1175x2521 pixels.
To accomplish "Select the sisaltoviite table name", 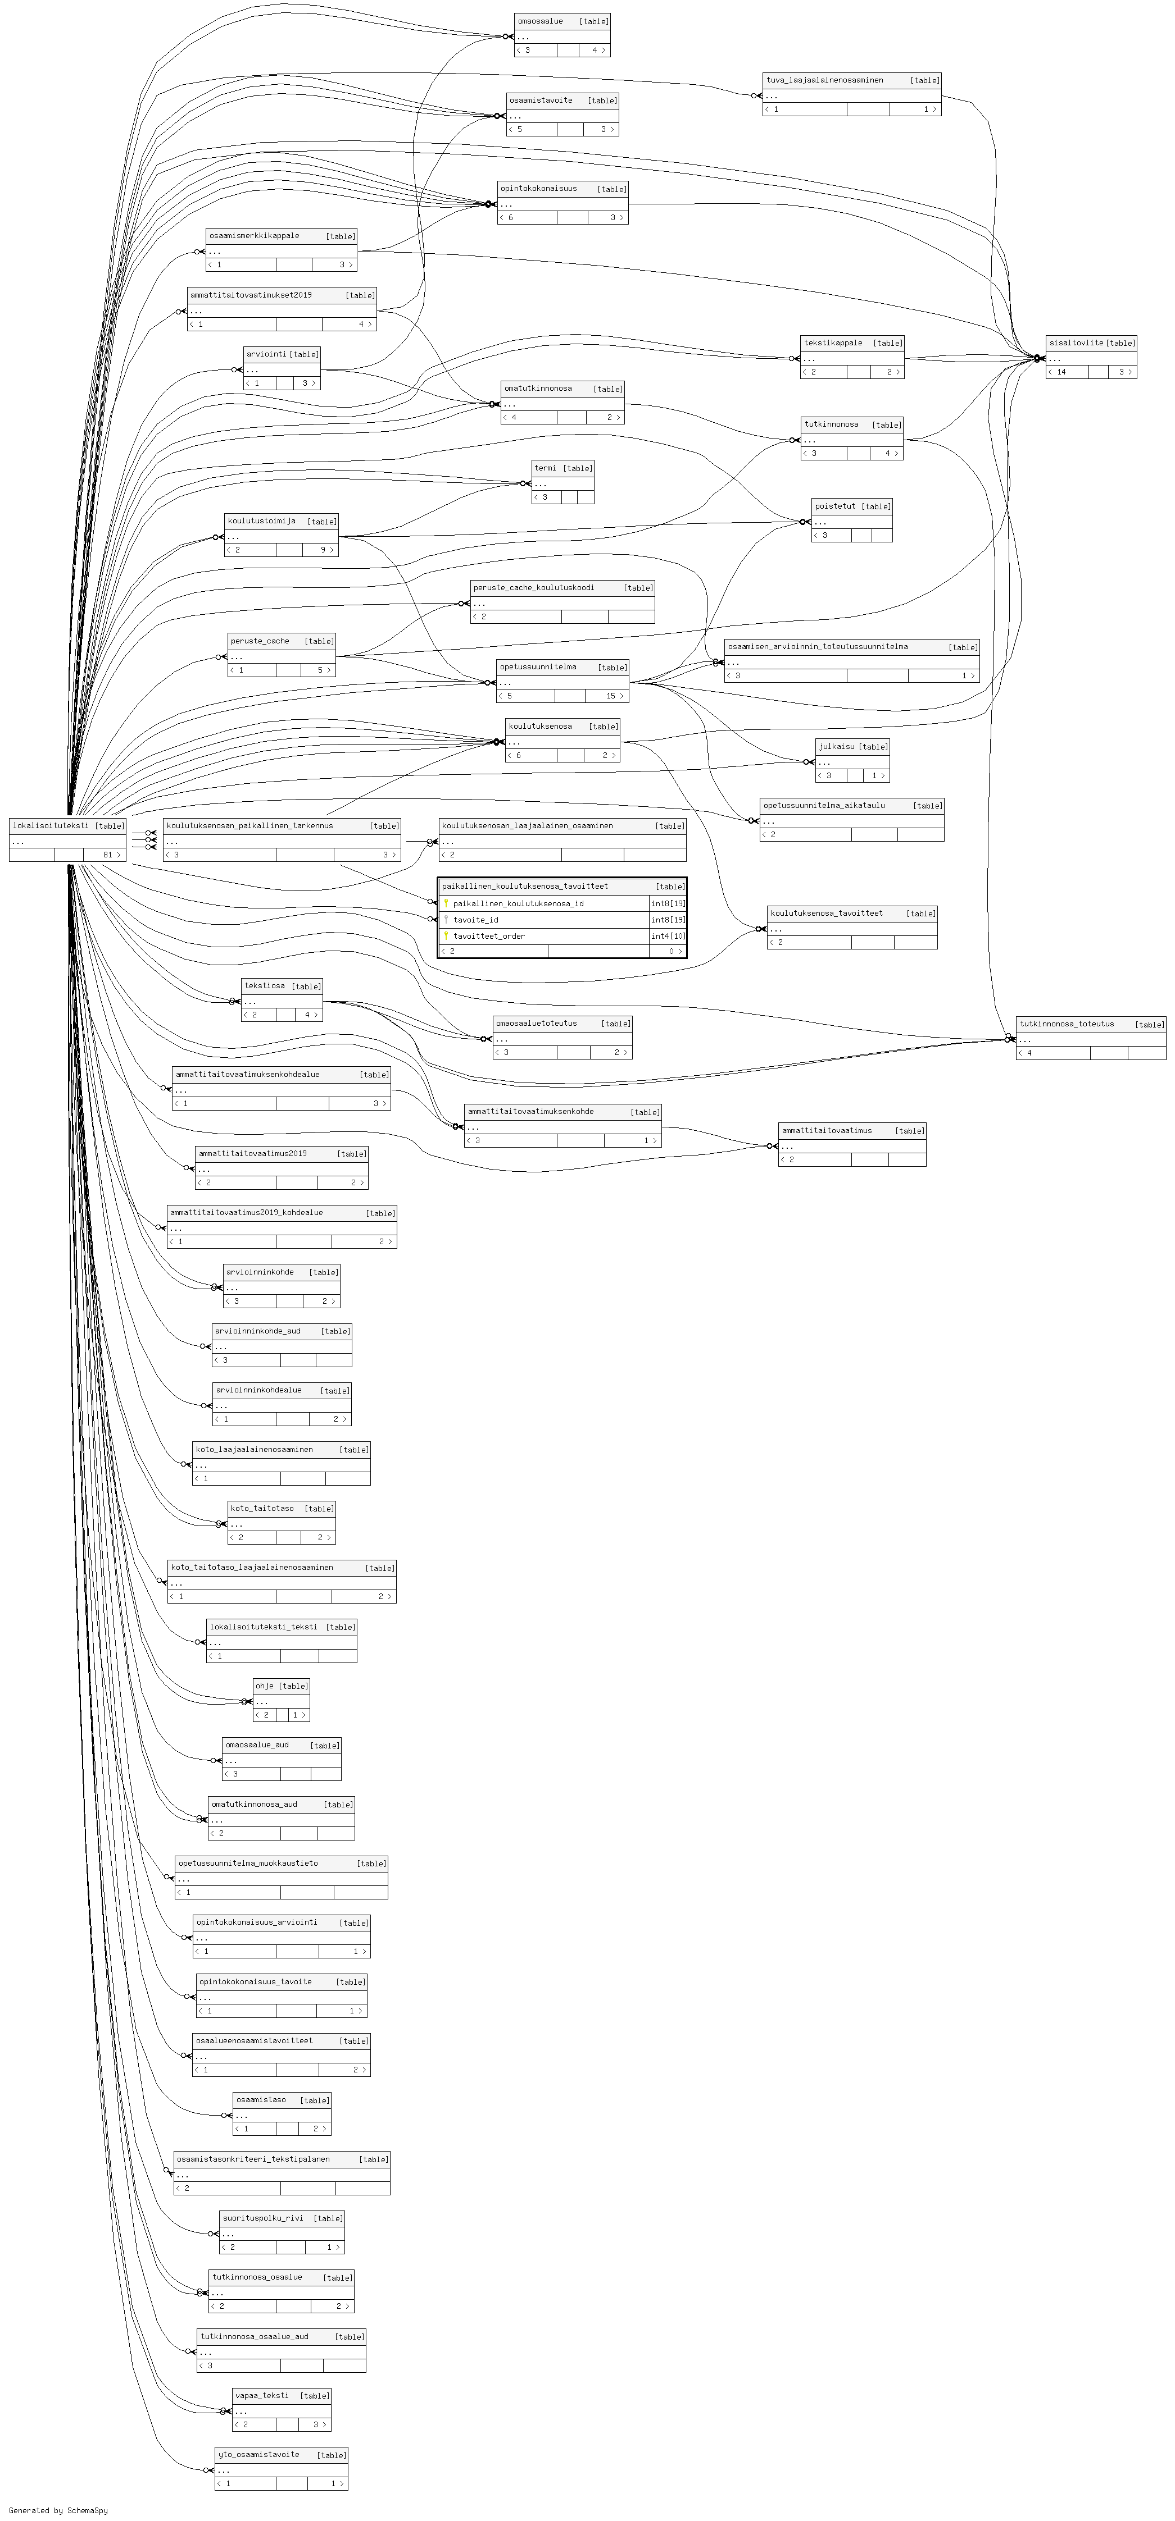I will pyautogui.click(x=1075, y=342).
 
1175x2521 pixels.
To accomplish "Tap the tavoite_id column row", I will pyautogui.click(x=476, y=920).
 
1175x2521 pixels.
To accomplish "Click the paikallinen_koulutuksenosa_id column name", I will pyautogui.click(x=518, y=903).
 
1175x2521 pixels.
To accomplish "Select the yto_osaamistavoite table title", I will pyautogui.click(x=257, y=2454).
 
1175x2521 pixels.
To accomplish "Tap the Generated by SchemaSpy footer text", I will pyautogui.click(x=58, y=2510).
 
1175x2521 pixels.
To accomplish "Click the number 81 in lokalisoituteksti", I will pyautogui.click(x=108, y=855).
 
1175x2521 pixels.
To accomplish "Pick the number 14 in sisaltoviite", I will pyautogui.click(x=1060, y=372).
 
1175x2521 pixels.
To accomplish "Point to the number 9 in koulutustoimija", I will pyautogui.click(x=322, y=550).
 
